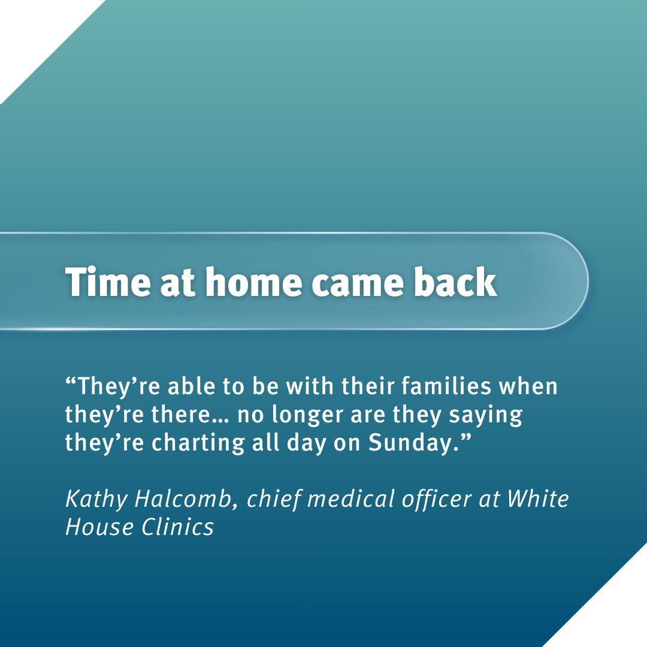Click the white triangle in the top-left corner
(30, 30)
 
